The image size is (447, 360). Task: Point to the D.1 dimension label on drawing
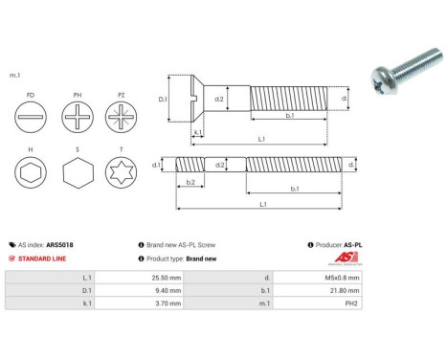coord(163,99)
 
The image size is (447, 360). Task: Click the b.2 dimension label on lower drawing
coord(190,181)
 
